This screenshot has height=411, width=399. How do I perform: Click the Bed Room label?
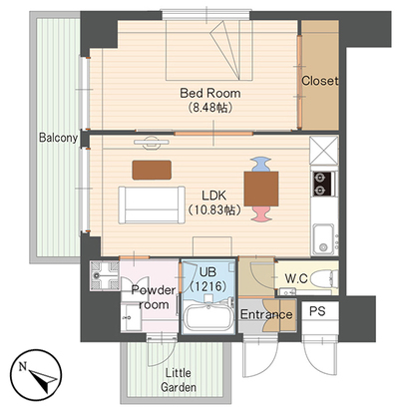pyautogui.click(x=210, y=93)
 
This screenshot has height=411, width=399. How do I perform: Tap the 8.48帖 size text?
pyautogui.click(x=209, y=108)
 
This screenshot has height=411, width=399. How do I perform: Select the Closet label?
pyautogui.click(x=319, y=81)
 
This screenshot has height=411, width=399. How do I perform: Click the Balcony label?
pyautogui.click(x=58, y=138)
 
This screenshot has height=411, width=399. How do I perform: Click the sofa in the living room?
pyautogui.click(x=152, y=205)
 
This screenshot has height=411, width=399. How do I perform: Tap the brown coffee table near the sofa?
pyautogui.click(x=152, y=170)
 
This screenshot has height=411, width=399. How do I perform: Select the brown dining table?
pyautogui.click(x=261, y=189)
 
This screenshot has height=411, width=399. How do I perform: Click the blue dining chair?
pyautogui.click(x=261, y=165)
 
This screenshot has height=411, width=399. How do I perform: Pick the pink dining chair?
pyautogui.click(x=261, y=213)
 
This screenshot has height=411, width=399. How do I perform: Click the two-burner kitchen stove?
pyautogui.click(x=323, y=184)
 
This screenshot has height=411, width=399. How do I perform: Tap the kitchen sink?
pyautogui.click(x=323, y=238)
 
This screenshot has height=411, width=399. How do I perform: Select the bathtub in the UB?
pyautogui.click(x=208, y=317)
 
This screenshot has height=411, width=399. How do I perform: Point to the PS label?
pyautogui.click(x=317, y=311)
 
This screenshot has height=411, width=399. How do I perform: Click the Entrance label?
pyautogui.click(x=266, y=314)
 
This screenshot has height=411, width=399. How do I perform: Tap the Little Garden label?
pyautogui.click(x=179, y=380)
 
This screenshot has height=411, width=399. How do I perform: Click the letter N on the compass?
pyautogui.click(x=23, y=367)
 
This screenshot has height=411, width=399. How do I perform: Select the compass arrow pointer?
pyautogui.click(x=43, y=379)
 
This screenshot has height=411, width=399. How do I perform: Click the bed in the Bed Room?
pyautogui.click(x=209, y=50)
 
